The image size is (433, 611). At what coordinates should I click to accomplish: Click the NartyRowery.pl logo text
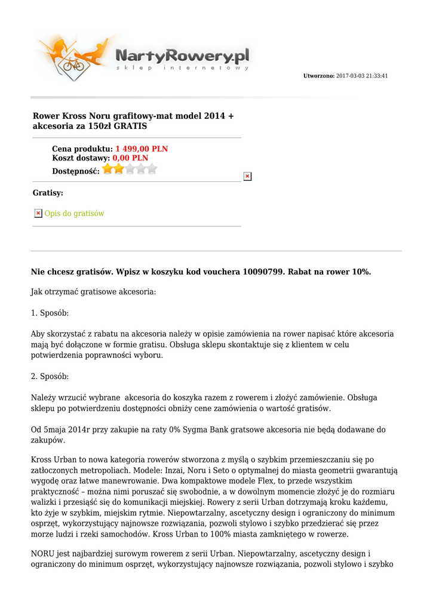click(x=182, y=57)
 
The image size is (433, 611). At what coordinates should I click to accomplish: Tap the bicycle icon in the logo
click(x=73, y=63)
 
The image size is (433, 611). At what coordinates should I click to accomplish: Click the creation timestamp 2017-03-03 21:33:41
click(x=362, y=76)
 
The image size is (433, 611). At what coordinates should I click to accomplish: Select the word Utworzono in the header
click(x=318, y=76)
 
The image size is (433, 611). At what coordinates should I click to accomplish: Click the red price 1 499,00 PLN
click(x=142, y=149)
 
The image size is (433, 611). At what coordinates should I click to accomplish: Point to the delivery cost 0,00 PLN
click(x=130, y=158)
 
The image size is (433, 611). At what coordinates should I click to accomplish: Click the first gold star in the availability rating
click(x=108, y=169)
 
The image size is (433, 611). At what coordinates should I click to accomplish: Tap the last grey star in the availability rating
click(x=152, y=169)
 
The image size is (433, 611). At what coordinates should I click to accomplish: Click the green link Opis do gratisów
click(x=74, y=213)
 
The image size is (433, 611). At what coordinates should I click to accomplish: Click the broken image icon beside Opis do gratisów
click(x=38, y=213)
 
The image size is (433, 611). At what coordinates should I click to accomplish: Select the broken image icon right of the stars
click(x=247, y=176)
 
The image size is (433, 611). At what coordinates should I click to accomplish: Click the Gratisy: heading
click(x=48, y=193)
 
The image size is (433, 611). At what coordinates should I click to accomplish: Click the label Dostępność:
click(x=76, y=171)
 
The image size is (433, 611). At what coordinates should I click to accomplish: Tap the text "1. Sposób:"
click(x=50, y=313)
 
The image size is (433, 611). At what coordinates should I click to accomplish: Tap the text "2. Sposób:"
click(x=50, y=377)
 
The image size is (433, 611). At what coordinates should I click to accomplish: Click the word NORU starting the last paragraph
click(x=42, y=554)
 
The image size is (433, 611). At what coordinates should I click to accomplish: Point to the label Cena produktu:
click(x=82, y=149)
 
